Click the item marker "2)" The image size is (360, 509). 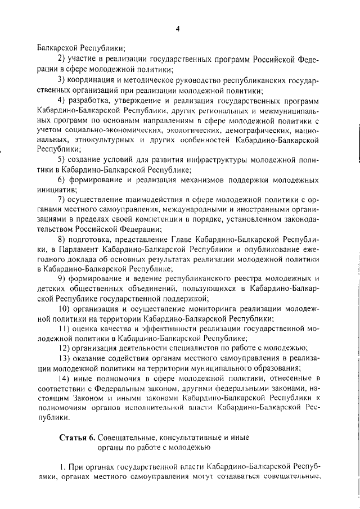click(62, 59)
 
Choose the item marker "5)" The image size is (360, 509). click(62, 160)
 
